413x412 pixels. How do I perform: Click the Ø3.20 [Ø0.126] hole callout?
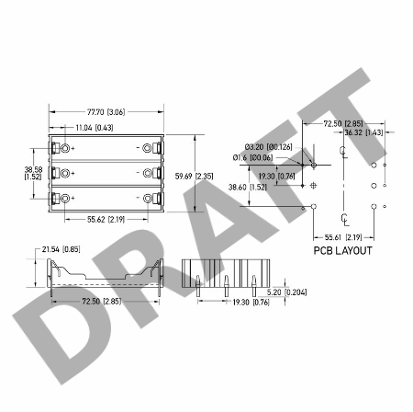pyautogui.click(x=268, y=146)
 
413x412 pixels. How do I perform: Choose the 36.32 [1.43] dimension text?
pyautogui.click(x=363, y=132)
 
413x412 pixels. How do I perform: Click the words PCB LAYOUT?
pyautogui.click(x=343, y=250)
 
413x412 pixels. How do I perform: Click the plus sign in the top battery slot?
pyautogui.click(x=73, y=148)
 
